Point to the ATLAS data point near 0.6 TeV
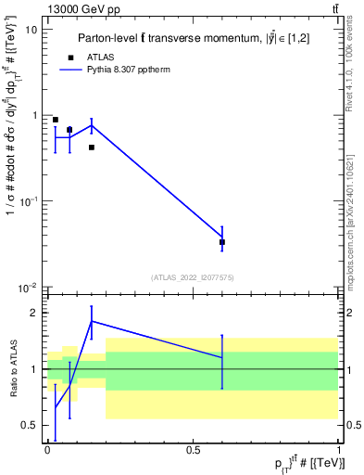(222, 242)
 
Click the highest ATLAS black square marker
(56, 120)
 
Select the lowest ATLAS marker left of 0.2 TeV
(92, 148)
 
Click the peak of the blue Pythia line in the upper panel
(92, 125)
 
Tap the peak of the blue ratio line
(92, 321)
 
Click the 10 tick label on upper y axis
(31, 30)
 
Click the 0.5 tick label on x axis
(194, 449)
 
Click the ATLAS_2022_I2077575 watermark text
(192, 277)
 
